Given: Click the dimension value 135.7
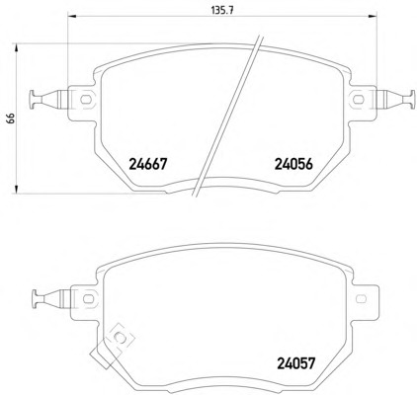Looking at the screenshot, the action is point(221,11).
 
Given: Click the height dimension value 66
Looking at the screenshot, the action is point(11,118).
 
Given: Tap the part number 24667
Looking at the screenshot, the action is point(148,164).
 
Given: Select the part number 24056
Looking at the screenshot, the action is point(293,164).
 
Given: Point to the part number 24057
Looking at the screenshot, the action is point(296,363).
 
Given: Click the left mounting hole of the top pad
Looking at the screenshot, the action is point(86,99).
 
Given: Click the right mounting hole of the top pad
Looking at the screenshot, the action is point(358,99).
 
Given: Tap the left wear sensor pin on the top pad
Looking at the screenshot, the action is point(49,99).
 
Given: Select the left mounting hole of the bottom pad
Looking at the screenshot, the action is point(88,299).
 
